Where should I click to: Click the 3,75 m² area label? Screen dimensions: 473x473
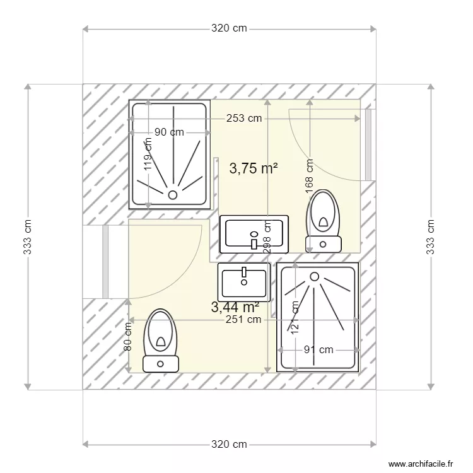click(254, 168)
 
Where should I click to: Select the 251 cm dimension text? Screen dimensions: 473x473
click(245, 320)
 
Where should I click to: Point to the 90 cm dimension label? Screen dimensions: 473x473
click(169, 132)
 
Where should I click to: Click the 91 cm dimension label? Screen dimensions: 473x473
click(318, 349)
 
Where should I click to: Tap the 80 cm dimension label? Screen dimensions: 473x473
click(128, 336)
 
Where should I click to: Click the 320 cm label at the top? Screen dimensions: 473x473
click(229, 28)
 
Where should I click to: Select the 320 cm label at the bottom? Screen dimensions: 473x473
click(229, 445)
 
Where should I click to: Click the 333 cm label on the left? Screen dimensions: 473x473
click(27, 237)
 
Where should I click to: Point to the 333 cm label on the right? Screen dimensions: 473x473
click(431, 237)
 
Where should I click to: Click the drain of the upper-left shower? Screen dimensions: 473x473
click(171, 194)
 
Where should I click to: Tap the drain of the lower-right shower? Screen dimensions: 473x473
click(313, 276)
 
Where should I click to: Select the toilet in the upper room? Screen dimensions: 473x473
click(323, 221)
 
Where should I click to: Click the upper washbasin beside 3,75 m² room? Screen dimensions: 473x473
click(255, 234)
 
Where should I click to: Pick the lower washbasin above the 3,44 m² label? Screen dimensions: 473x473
click(243, 281)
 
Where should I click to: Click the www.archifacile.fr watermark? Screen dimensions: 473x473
click(421, 464)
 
